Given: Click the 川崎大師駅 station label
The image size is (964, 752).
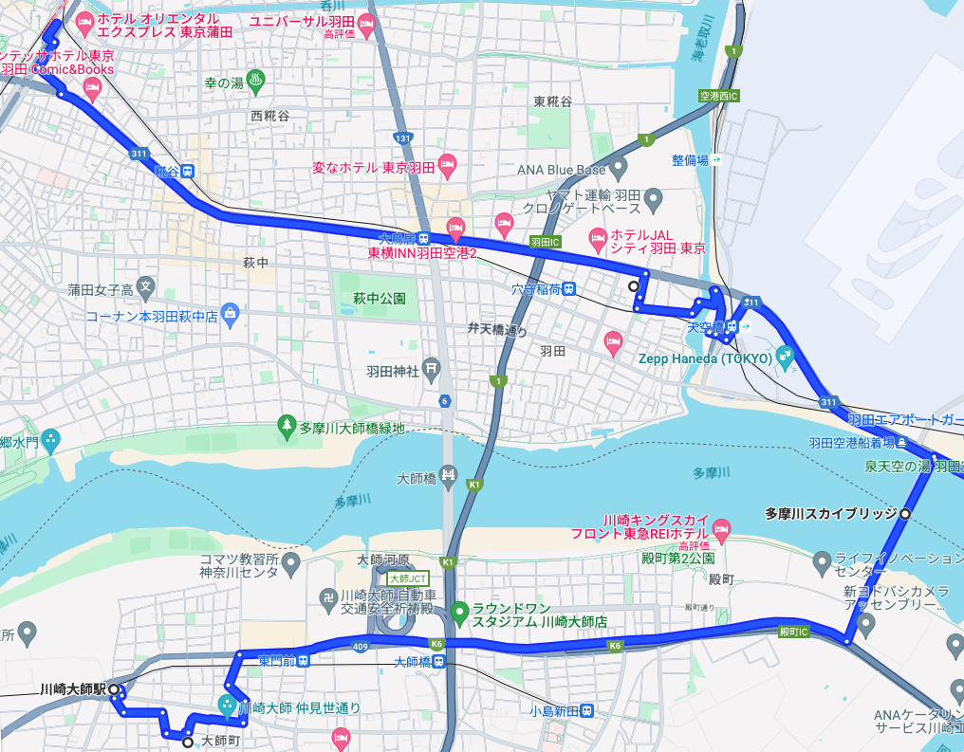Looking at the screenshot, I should (x=72, y=689).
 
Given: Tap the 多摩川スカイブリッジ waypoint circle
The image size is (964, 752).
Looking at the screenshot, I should (x=905, y=513).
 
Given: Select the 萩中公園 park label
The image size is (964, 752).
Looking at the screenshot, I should (x=380, y=298).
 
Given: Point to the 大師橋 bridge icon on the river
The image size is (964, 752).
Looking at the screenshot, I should (x=449, y=477).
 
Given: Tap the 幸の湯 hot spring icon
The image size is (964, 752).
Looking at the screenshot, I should (x=254, y=79).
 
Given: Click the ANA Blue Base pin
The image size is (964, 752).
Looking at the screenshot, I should (x=619, y=170).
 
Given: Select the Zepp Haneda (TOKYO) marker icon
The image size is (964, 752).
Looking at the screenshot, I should (x=784, y=358).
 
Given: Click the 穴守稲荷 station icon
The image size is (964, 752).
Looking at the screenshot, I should (x=568, y=288).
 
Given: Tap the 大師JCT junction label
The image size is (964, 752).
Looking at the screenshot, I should (x=409, y=578).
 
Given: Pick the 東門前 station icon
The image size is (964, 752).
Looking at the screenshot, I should (x=303, y=660).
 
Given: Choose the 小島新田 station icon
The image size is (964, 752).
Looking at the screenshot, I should (x=587, y=709).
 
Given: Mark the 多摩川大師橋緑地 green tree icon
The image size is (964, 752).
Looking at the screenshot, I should (x=286, y=427).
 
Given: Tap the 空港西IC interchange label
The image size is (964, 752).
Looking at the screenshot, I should (x=718, y=96).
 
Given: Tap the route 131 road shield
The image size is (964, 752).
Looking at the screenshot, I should (x=403, y=138).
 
